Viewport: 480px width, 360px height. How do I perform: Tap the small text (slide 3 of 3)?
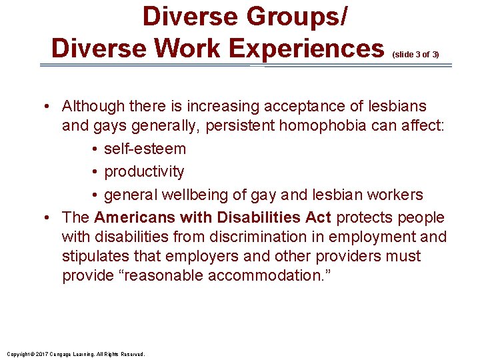[416, 54]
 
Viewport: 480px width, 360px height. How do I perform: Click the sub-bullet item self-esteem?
[145, 149]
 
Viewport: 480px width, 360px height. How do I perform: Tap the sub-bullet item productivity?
[144, 171]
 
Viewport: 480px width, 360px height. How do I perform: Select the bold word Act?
[318, 217]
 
